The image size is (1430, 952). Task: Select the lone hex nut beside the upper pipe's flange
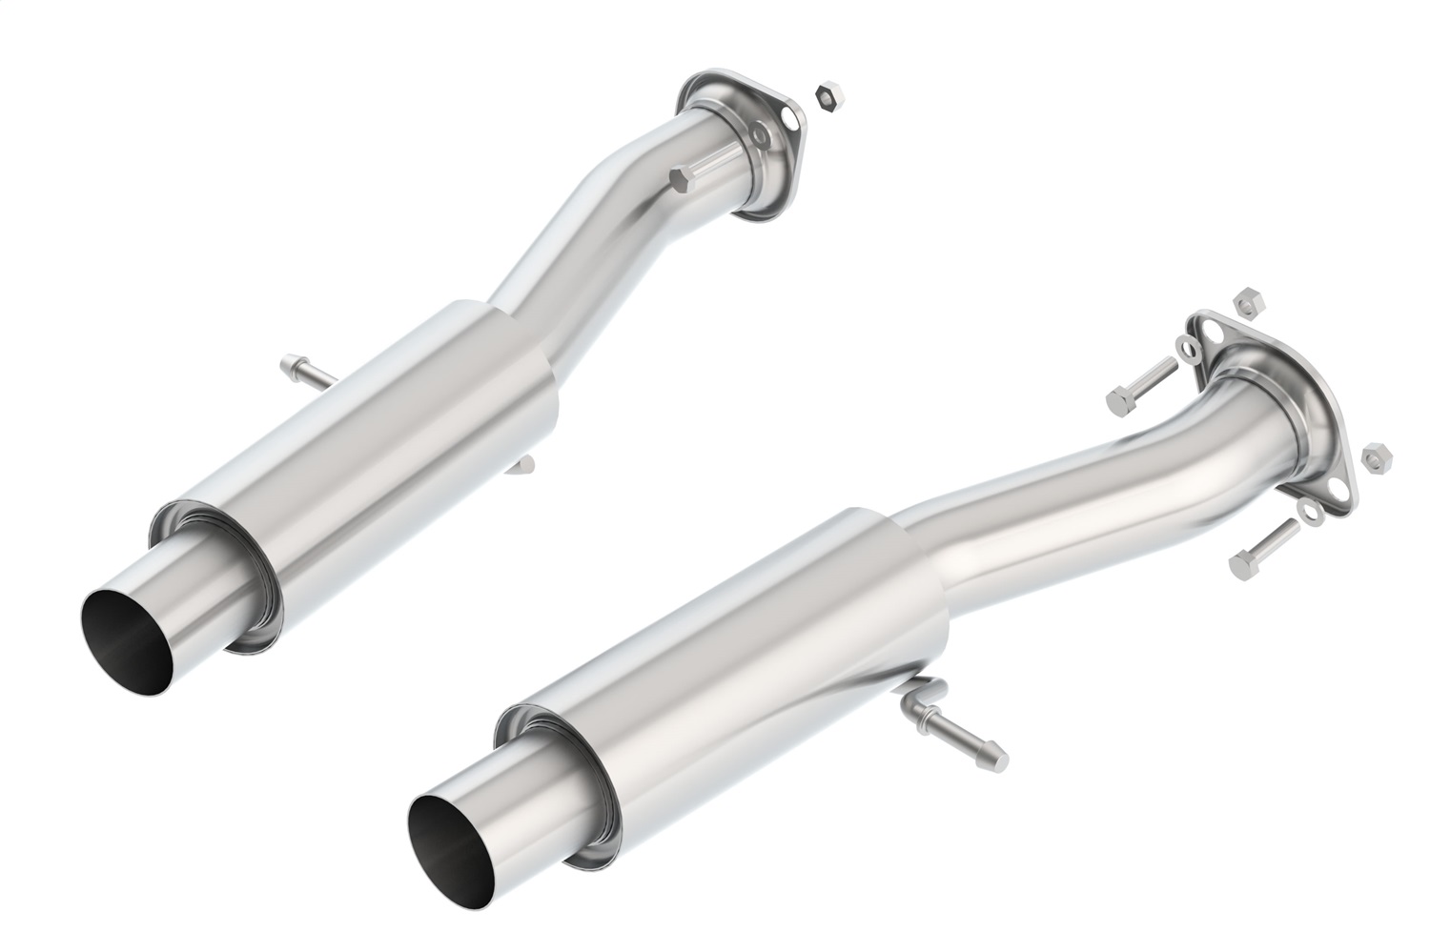(x=826, y=95)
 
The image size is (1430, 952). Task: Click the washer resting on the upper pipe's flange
(x=759, y=136)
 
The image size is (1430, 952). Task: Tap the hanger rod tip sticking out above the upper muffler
(x=289, y=364)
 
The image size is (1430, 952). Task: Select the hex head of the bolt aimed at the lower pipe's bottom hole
(x=1242, y=565)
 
